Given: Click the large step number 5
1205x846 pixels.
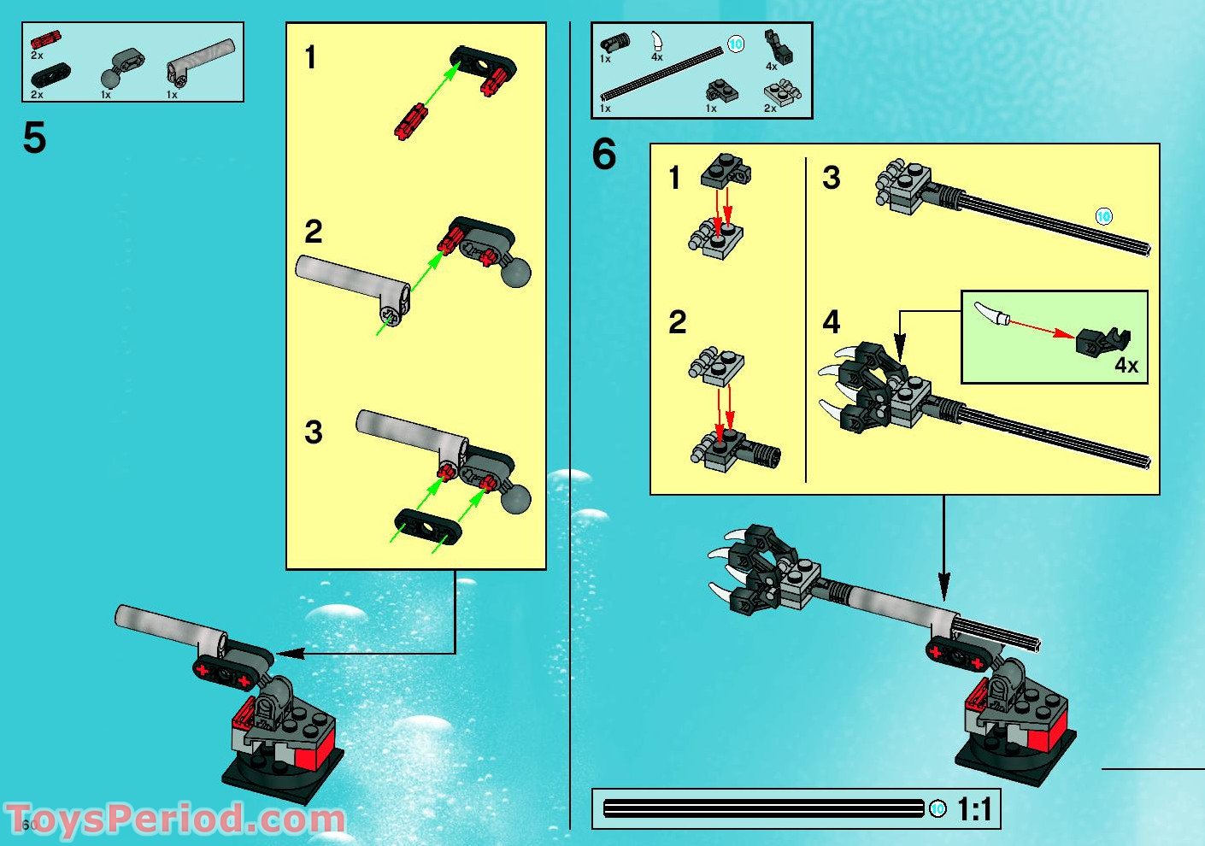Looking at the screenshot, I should point(34,138).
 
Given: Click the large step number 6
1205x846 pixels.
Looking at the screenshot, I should point(603,156).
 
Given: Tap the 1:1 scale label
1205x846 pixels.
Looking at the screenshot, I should point(973,808).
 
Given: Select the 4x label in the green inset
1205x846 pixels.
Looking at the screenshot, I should point(1126,365).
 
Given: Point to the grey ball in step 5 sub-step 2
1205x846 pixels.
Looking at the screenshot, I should point(515,273).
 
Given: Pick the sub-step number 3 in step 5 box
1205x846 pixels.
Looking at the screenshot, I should point(314,432).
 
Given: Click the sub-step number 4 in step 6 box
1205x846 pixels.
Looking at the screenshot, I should point(831,322).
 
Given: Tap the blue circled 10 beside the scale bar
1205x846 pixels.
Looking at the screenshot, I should point(938,808).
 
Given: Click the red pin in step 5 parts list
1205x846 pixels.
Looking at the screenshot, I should point(45,40).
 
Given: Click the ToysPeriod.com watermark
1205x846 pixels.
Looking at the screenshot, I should point(175,819).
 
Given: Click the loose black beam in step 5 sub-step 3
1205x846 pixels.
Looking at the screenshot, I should point(427,526).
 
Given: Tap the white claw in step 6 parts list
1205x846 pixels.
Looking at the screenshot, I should point(656,39).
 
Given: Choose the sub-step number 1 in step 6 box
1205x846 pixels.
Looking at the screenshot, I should point(675,179).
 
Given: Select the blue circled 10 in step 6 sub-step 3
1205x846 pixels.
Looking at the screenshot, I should point(1103,216).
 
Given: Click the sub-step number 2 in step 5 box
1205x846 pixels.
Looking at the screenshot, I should point(314,232).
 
